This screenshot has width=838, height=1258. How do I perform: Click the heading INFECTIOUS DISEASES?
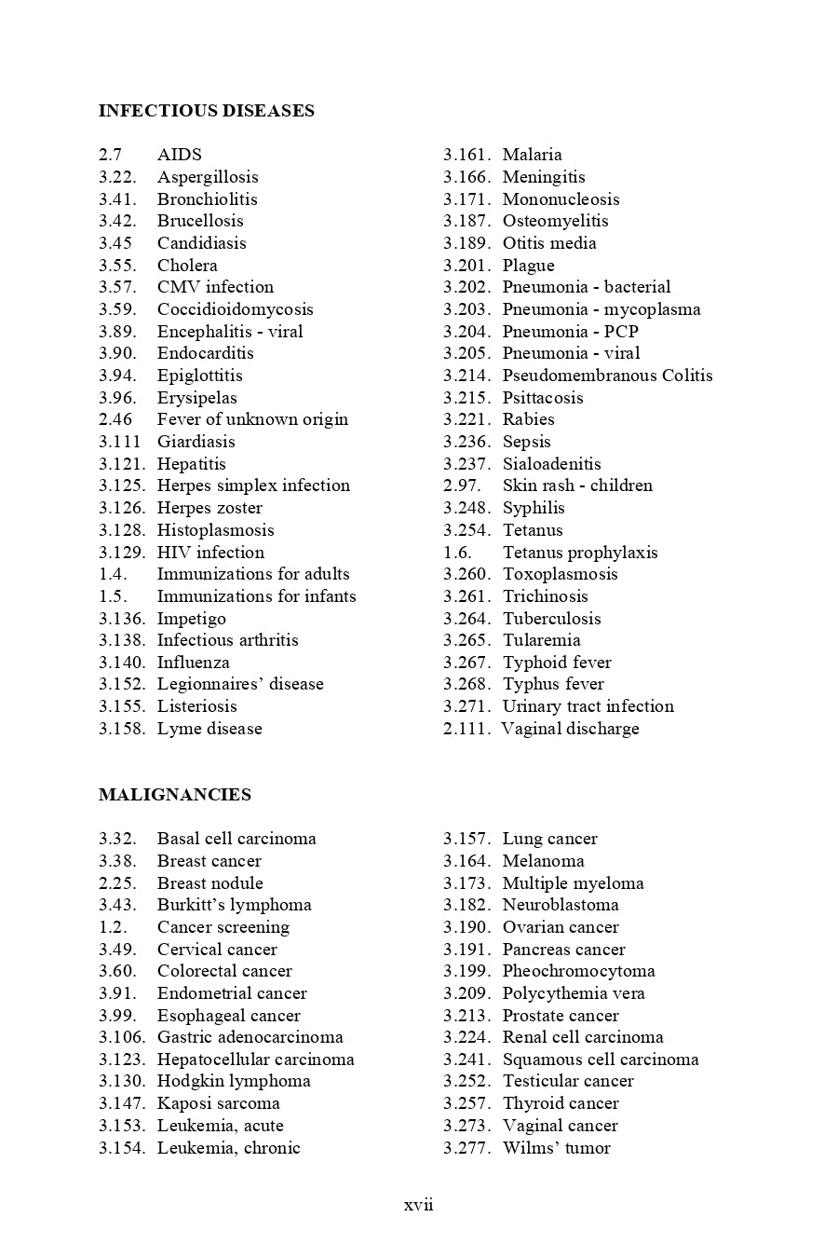click(206, 111)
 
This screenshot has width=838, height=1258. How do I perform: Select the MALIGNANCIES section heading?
click(175, 795)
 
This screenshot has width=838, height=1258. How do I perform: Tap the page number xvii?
click(419, 1204)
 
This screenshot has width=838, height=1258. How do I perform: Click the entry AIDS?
click(179, 155)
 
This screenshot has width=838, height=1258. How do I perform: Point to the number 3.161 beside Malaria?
click(466, 155)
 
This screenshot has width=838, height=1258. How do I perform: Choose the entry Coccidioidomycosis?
click(235, 309)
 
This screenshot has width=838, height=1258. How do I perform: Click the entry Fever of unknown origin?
click(252, 419)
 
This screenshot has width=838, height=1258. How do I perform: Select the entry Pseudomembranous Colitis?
click(607, 376)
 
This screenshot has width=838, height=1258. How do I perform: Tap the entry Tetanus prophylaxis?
click(579, 553)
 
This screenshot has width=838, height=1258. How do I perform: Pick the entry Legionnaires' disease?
click(240, 684)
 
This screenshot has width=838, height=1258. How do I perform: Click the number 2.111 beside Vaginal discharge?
click(466, 729)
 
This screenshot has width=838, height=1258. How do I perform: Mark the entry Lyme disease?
click(209, 729)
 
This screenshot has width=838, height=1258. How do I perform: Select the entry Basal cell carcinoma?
click(237, 839)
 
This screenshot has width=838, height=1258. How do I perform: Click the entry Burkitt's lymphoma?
click(234, 905)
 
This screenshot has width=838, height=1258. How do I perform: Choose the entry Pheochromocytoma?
click(578, 971)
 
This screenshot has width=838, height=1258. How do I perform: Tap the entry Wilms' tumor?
click(556, 1148)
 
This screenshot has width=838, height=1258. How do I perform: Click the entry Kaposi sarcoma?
click(218, 1103)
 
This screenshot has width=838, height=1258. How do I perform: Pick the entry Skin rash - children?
click(577, 485)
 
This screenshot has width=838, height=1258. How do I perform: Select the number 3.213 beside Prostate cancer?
click(466, 1016)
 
